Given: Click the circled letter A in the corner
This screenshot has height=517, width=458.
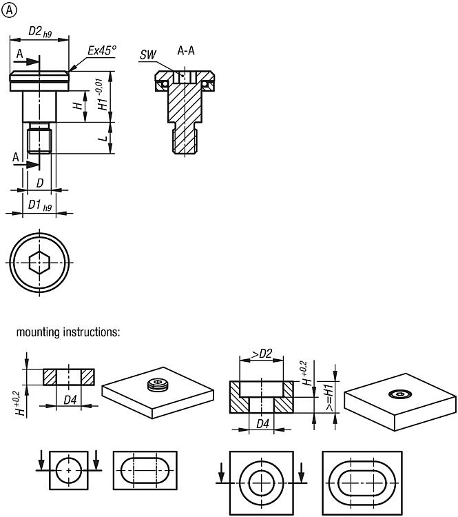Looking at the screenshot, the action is pyautogui.click(x=9, y=10).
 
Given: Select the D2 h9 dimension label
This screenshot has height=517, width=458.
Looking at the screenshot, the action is pyautogui.click(x=40, y=32).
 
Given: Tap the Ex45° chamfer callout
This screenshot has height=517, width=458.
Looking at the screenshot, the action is pyautogui.click(x=102, y=50).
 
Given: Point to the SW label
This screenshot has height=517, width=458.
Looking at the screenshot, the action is pyautogui.click(x=147, y=54).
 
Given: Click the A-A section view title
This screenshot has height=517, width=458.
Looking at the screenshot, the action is pyautogui.click(x=186, y=50).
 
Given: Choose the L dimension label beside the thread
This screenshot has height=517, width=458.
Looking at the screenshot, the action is pyautogui.click(x=103, y=137).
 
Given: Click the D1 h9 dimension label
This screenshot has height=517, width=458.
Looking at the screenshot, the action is pyautogui.click(x=40, y=205).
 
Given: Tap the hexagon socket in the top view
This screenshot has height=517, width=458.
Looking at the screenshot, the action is pyautogui.click(x=39, y=263).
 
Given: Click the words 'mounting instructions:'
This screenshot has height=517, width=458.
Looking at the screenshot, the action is pyautogui.click(x=68, y=332).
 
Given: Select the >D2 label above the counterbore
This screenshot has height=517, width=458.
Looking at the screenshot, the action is pyautogui.click(x=262, y=354).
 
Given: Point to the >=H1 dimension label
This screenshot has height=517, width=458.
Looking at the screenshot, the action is pyautogui.click(x=329, y=397).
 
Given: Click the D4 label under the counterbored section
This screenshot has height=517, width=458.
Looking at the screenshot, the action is pyautogui.click(x=262, y=424).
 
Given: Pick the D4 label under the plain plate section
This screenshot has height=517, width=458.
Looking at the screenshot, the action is pyautogui.click(x=70, y=401).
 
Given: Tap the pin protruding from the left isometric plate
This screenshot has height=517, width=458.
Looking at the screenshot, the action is pyautogui.click(x=157, y=385).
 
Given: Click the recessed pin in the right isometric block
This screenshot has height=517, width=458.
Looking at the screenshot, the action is pyautogui.click(x=399, y=394).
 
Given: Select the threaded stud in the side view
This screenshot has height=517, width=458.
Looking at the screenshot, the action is pyautogui.click(x=39, y=138).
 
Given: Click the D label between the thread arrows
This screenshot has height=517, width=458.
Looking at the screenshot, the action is pyautogui.click(x=40, y=183).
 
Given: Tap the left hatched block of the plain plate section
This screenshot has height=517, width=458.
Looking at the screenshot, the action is pyautogui.click(x=50, y=377).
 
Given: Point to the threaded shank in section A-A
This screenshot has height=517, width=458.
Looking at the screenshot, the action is pyautogui.click(x=185, y=141).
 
